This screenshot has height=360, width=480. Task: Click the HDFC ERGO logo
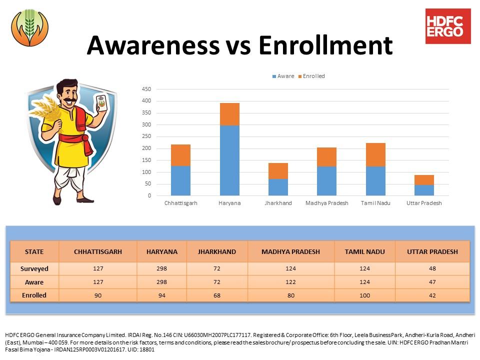448,26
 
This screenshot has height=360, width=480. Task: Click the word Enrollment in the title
325,45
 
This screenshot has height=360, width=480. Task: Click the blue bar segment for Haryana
229,160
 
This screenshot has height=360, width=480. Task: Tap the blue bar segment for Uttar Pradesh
424,190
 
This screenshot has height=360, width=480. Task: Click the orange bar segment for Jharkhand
278,171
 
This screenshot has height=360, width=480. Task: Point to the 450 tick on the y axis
146,89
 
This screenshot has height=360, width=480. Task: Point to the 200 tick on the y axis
146,148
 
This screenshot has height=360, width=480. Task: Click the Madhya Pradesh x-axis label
327,203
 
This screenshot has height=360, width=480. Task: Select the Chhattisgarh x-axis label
181,203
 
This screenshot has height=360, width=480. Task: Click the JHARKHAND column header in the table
217,251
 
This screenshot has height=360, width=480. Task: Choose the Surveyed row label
34,268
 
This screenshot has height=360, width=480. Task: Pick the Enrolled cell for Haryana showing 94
161,295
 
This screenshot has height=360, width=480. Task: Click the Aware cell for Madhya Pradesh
291,282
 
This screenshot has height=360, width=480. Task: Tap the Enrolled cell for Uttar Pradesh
432,295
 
